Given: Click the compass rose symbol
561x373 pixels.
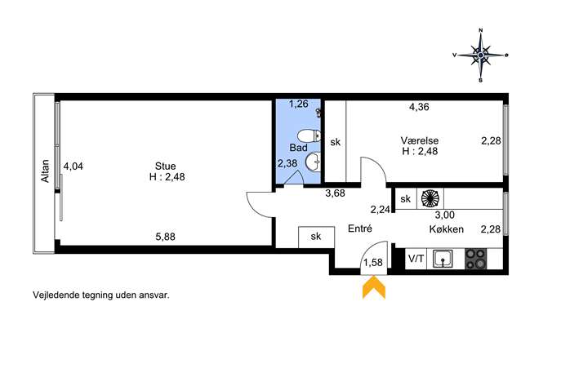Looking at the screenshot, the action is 480,55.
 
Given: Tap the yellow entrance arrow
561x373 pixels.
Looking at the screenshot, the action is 374,286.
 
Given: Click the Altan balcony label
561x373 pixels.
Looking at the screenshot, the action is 45,171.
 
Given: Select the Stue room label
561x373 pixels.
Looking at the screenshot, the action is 165,166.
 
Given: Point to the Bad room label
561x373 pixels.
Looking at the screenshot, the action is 298,148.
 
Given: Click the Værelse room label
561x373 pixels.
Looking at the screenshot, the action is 419,140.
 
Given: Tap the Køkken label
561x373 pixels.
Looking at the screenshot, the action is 447,229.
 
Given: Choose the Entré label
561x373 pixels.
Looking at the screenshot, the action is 360,229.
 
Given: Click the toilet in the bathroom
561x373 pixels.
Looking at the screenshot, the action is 309,136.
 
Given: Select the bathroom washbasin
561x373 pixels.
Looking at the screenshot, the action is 313,162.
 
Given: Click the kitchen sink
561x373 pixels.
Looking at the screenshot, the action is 443,259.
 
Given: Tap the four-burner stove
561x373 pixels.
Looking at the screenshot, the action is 476,259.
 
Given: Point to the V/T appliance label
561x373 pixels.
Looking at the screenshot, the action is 416,259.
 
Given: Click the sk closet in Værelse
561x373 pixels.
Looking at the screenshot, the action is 336,142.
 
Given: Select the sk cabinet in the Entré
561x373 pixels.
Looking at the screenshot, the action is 316,237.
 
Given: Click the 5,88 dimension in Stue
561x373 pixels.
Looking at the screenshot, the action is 165,237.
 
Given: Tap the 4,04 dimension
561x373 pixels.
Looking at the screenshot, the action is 73,167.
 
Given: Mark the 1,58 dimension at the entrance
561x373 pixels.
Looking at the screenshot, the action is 373,263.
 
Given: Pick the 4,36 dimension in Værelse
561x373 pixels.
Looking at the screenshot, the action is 419,107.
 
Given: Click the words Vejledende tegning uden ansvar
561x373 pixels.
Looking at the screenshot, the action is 101,295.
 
